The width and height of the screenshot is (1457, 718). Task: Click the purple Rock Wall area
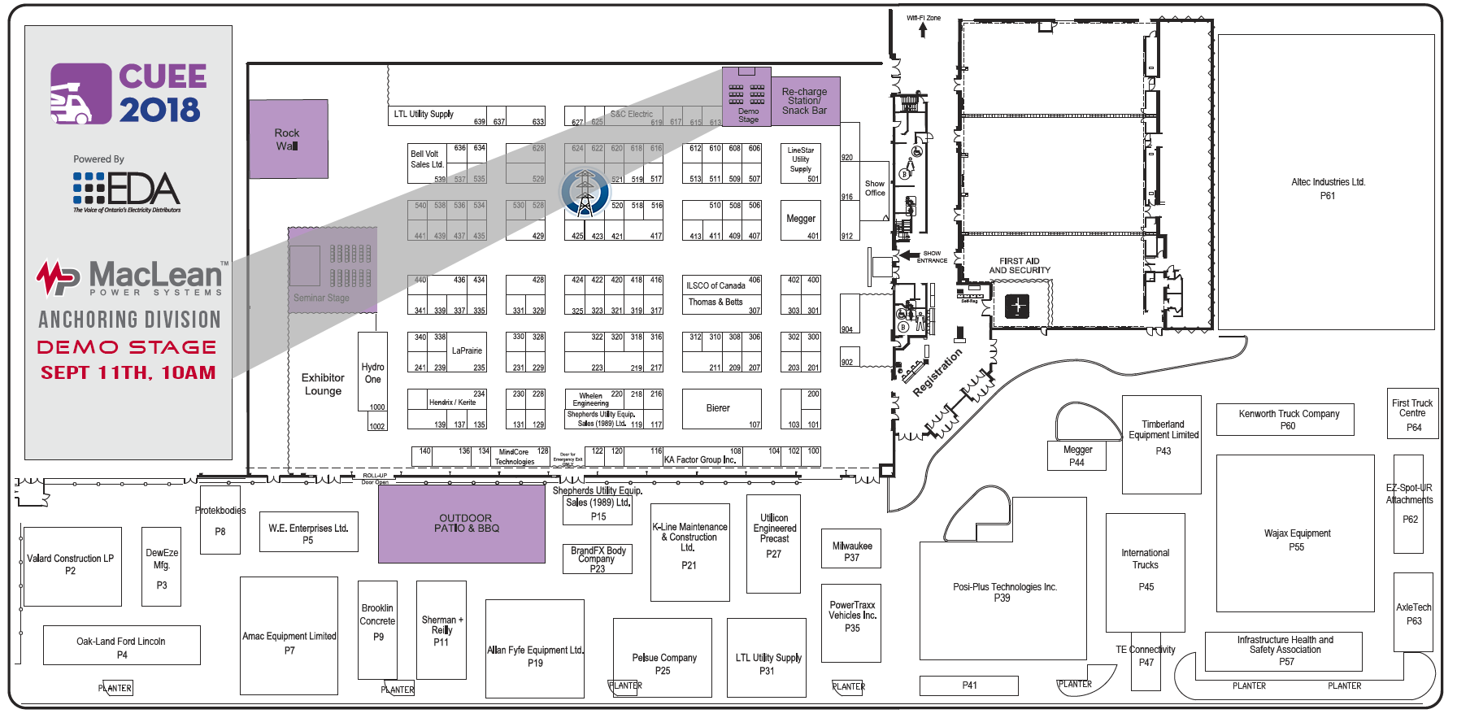(288, 139)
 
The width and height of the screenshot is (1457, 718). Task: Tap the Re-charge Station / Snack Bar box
(804, 102)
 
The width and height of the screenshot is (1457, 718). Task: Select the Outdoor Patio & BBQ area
(462, 523)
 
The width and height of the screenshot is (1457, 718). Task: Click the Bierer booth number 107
(722, 408)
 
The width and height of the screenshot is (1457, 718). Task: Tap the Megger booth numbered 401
(801, 220)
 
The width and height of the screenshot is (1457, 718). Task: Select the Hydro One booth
(372, 372)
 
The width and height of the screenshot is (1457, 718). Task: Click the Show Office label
(875, 189)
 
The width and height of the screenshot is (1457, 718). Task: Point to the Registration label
(937, 372)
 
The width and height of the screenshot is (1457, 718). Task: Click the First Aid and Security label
(1020, 266)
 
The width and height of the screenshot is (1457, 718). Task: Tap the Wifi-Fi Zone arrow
(923, 30)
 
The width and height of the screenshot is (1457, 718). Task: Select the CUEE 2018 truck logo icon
(80, 94)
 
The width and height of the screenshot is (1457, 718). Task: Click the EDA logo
(127, 189)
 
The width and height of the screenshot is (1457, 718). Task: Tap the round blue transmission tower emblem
(585, 193)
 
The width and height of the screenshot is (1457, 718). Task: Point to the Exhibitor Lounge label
(323, 384)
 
